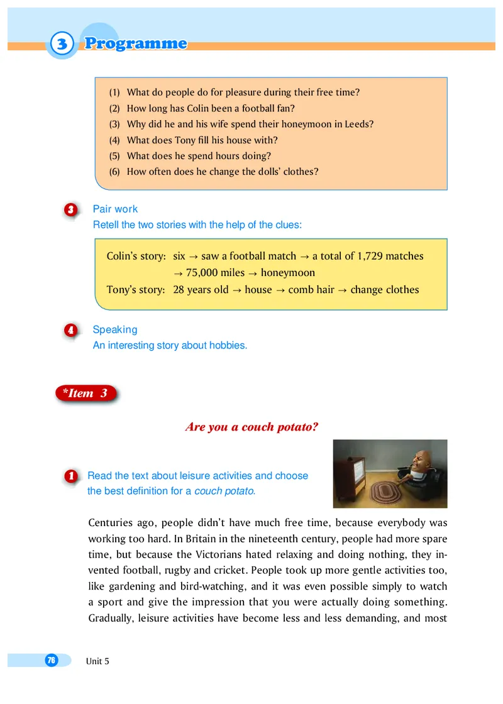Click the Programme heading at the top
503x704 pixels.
coord(136,43)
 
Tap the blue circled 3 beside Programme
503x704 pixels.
coord(62,44)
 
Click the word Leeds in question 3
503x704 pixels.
coord(359,124)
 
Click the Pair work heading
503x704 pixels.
coord(115,209)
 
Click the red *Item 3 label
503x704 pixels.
coord(86,393)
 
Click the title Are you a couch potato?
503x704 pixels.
coord(251,427)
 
